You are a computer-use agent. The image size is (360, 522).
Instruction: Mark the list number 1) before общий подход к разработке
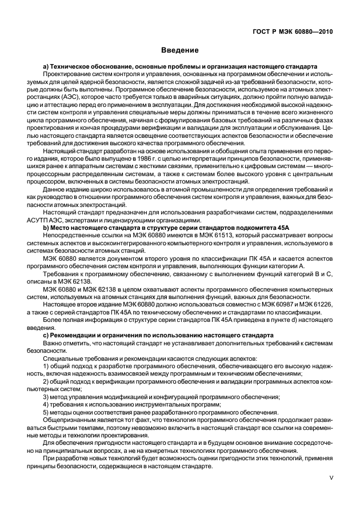coord(46,364)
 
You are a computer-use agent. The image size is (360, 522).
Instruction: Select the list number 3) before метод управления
coord(46,396)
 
